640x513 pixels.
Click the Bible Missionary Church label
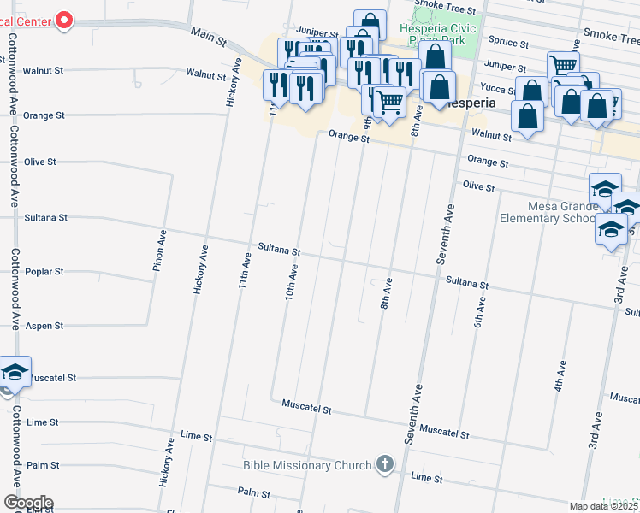point(308,465)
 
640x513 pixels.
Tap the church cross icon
point(385,464)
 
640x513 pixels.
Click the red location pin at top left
point(62,20)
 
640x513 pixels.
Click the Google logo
point(27,503)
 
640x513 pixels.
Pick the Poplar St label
point(46,272)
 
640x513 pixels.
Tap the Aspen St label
point(46,326)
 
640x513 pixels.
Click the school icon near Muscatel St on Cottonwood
point(15,371)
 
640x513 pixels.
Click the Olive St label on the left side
point(40,162)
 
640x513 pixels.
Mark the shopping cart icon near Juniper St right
point(563,65)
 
